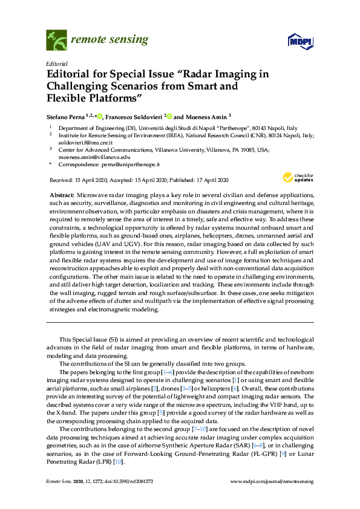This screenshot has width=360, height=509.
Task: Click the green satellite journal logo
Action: [x=57, y=41]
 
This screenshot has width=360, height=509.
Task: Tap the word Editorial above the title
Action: [x=56, y=63]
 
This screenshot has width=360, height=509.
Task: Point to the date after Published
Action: [x=211, y=180]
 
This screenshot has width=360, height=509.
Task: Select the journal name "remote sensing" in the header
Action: [x=110, y=41]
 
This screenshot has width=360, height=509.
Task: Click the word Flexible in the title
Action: [x=67, y=97]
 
